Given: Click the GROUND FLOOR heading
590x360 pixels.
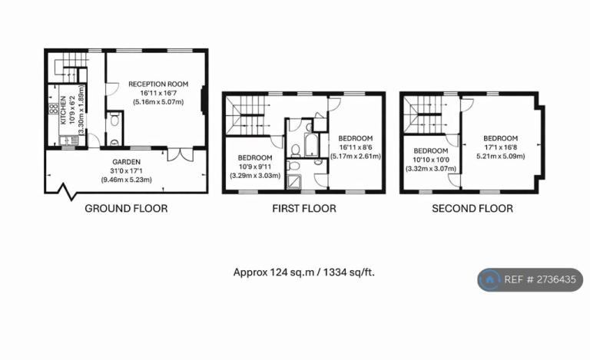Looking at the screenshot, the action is pos(126,209).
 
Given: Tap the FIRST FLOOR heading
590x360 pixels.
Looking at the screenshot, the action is pos(304,209).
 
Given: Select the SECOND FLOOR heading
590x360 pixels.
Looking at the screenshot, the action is pos(472,209).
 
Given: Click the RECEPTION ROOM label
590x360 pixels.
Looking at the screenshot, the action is pos(158,84).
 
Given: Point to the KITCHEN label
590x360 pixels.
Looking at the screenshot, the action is pos(63,110).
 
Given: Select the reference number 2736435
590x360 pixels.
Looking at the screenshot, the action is pos(556,279).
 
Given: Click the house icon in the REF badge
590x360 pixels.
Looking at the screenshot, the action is pos(489,279).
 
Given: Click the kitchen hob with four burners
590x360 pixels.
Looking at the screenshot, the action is pos(53,108).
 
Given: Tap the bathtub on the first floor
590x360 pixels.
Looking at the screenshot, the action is pos(311,144).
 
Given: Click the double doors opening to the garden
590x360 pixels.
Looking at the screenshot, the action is pos(181,155).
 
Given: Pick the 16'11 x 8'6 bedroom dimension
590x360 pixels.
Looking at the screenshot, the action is pos(355,147).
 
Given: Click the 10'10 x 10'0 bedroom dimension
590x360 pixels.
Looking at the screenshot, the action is pos(431,160).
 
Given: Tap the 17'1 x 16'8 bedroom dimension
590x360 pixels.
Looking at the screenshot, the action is pos(500,147).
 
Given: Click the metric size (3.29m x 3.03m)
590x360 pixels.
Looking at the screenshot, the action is pos(255,176).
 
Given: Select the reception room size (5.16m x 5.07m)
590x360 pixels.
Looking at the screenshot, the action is pos(158,102).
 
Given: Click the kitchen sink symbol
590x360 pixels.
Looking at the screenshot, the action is pos(69,140).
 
